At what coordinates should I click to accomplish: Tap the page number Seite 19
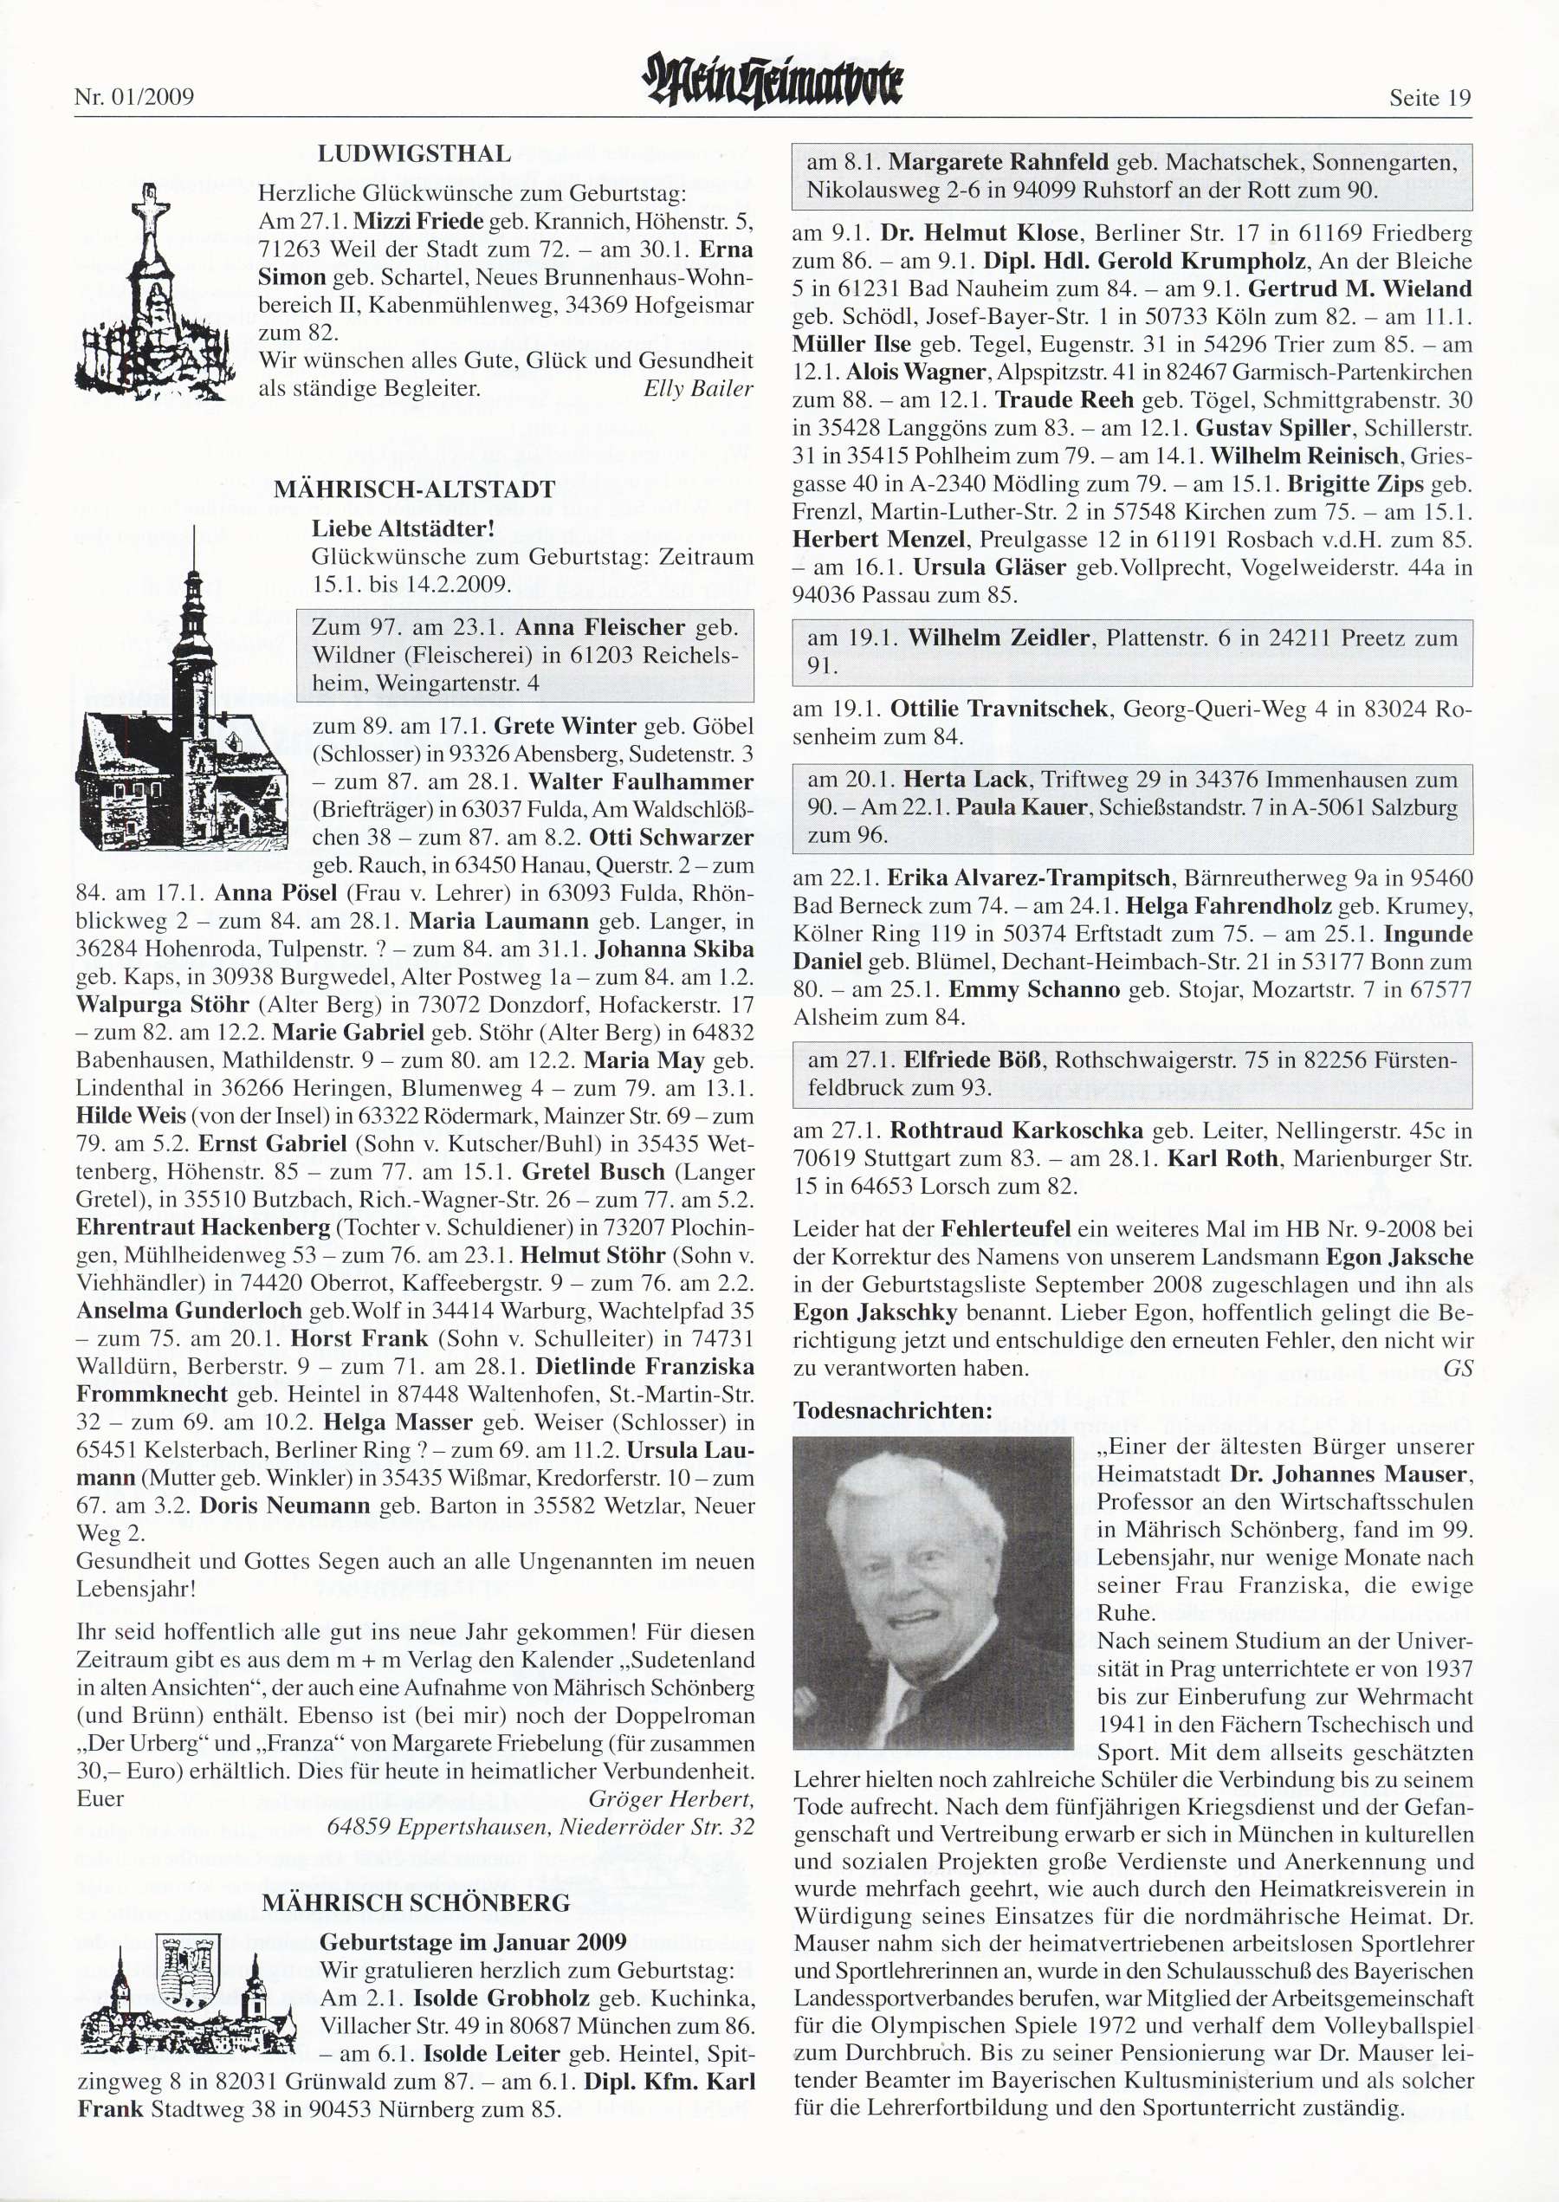click(1429, 98)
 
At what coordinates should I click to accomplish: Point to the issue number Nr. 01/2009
click(134, 98)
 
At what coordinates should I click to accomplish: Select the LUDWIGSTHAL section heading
click(415, 154)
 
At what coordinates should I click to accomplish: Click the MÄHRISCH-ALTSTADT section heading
click(415, 489)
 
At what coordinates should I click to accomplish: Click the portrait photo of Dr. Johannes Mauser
click(932, 1591)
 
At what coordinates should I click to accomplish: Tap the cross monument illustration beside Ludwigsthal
click(152, 293)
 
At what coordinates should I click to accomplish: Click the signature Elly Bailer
click(698, 389)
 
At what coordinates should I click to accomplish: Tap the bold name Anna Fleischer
click(600, 628)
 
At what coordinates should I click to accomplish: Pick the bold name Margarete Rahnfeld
click(999, 162)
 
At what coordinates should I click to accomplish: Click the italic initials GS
click(1458, 1369)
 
